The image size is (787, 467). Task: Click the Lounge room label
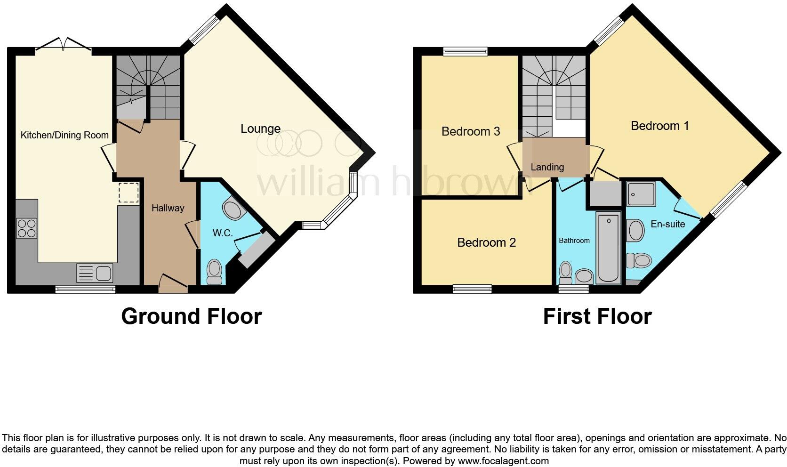pos(260,129)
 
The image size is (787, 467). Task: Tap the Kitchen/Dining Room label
pos(64,135)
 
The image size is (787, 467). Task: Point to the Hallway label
pos(168,208)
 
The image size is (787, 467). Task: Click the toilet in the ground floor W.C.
pos(214,272)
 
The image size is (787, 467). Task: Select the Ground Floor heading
pos(191,316)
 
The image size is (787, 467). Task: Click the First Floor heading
pos(597,316)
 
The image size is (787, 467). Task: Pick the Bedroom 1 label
pos(659,126)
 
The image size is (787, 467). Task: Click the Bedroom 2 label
pos(486,242)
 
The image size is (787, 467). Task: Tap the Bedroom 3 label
pos(470,131)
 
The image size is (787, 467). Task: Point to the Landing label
pos(547,167)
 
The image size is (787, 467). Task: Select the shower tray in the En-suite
pos(641,194)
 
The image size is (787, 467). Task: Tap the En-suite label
pos(667,224)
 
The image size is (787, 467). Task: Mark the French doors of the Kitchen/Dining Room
pos(63,45)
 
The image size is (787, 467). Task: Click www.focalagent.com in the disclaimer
pos(503,461)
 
